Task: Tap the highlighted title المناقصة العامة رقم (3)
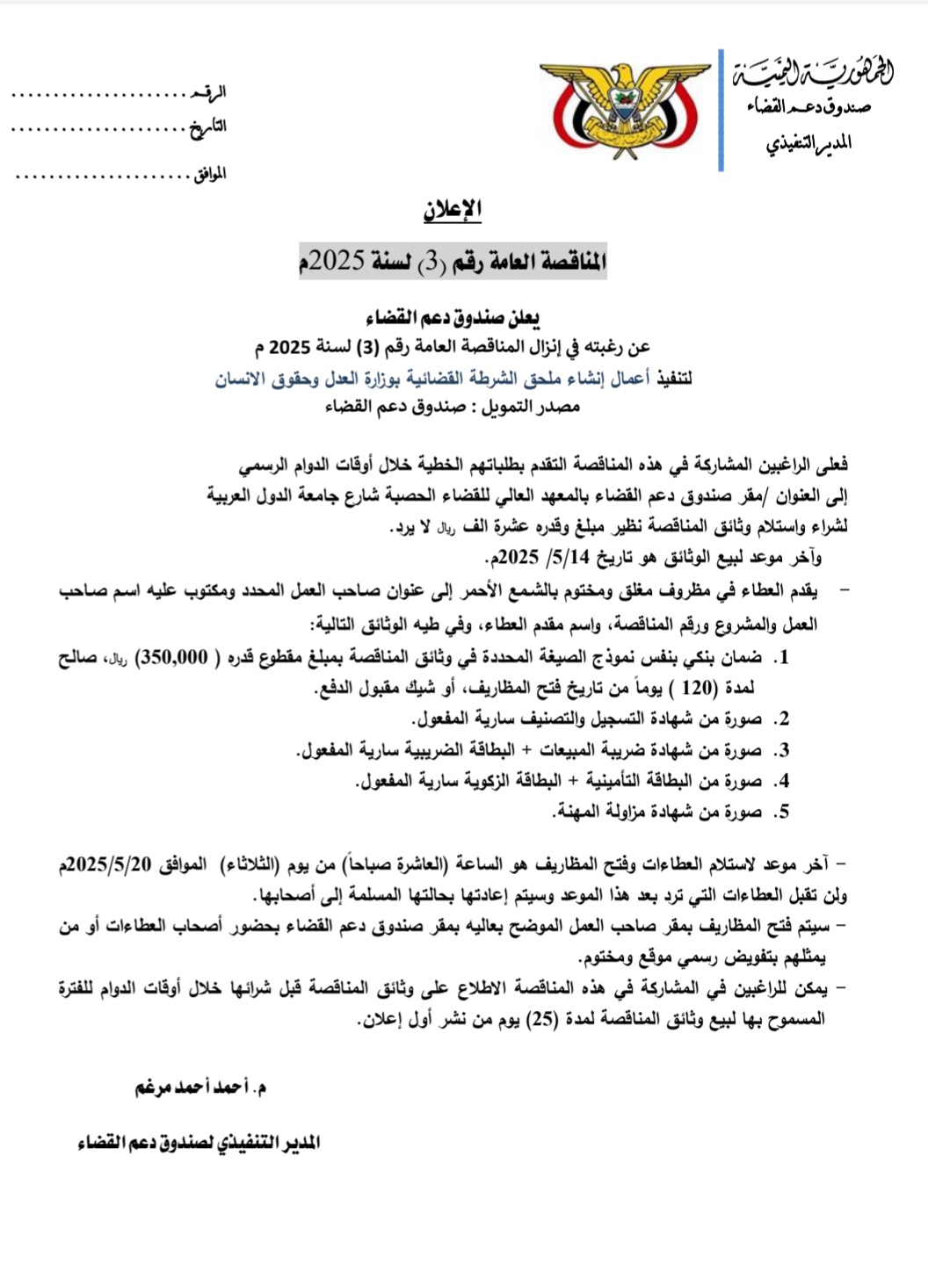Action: (453, 261)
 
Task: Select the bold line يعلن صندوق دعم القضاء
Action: (453, 317)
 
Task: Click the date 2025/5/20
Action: (110, 864)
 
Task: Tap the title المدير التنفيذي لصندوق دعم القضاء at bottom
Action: (199, 1143)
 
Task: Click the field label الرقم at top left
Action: (209, 92)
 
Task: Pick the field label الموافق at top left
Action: (209, 174)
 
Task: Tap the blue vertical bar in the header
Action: (721, 110)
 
